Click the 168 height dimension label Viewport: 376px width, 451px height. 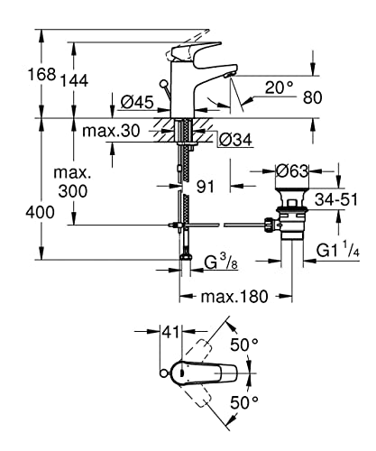pyautogui.click(x=41, y=74)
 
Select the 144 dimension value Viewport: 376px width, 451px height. pyautogui.click(x=75, y=80)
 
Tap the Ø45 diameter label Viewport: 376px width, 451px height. pyautogui.click(x=137, y=102)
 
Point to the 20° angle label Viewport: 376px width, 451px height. pyautogui.click(x=279, y=87)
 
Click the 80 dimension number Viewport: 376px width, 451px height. pyautogui.click(x=312, y=97)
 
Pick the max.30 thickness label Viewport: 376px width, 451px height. pyautogui.click(x=111, y=131)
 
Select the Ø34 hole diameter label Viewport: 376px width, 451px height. pyautogui.click(x=236, y=140)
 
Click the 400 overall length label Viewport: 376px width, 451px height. pyautogui.click(x=40, y=212)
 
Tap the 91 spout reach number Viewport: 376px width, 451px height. pyautogui.click(x=206, y=187)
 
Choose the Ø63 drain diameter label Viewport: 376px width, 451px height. pyautogui.click(x=292, y=171)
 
